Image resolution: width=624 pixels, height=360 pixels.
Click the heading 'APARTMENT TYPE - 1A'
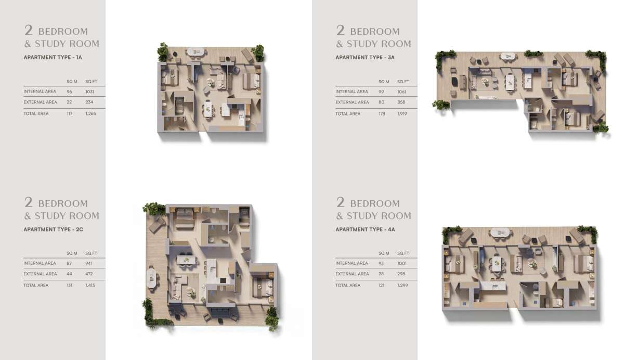point(53,57)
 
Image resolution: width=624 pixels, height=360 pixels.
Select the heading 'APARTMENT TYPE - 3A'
point(365,57)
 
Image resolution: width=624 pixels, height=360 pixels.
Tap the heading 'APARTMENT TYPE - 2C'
point(53,229)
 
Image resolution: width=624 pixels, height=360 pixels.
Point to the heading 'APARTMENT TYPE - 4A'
point(365,229)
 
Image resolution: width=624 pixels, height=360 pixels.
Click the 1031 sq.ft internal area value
point(89,92)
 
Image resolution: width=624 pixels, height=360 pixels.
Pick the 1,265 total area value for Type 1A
point(90,114)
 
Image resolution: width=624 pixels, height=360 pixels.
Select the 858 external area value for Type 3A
point(401,102)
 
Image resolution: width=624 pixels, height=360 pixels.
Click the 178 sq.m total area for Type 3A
point(382,114)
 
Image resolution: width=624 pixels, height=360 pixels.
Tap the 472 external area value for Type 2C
point(89,274)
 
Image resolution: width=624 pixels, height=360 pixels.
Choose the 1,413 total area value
point(90,285)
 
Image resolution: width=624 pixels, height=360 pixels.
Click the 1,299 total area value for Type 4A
point(402,285)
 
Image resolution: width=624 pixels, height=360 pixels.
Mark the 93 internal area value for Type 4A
point(381,263)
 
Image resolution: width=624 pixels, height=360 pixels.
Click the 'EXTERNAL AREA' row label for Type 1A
point(40,102)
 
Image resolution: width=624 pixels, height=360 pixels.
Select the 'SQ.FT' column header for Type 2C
point(91,253)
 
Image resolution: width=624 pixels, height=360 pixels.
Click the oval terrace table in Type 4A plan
point(501,233)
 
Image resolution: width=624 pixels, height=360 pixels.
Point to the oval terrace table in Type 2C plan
point(151,277)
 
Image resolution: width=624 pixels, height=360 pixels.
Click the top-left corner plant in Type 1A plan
point(163,52)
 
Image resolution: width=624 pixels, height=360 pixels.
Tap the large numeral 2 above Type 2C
point(29,202)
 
